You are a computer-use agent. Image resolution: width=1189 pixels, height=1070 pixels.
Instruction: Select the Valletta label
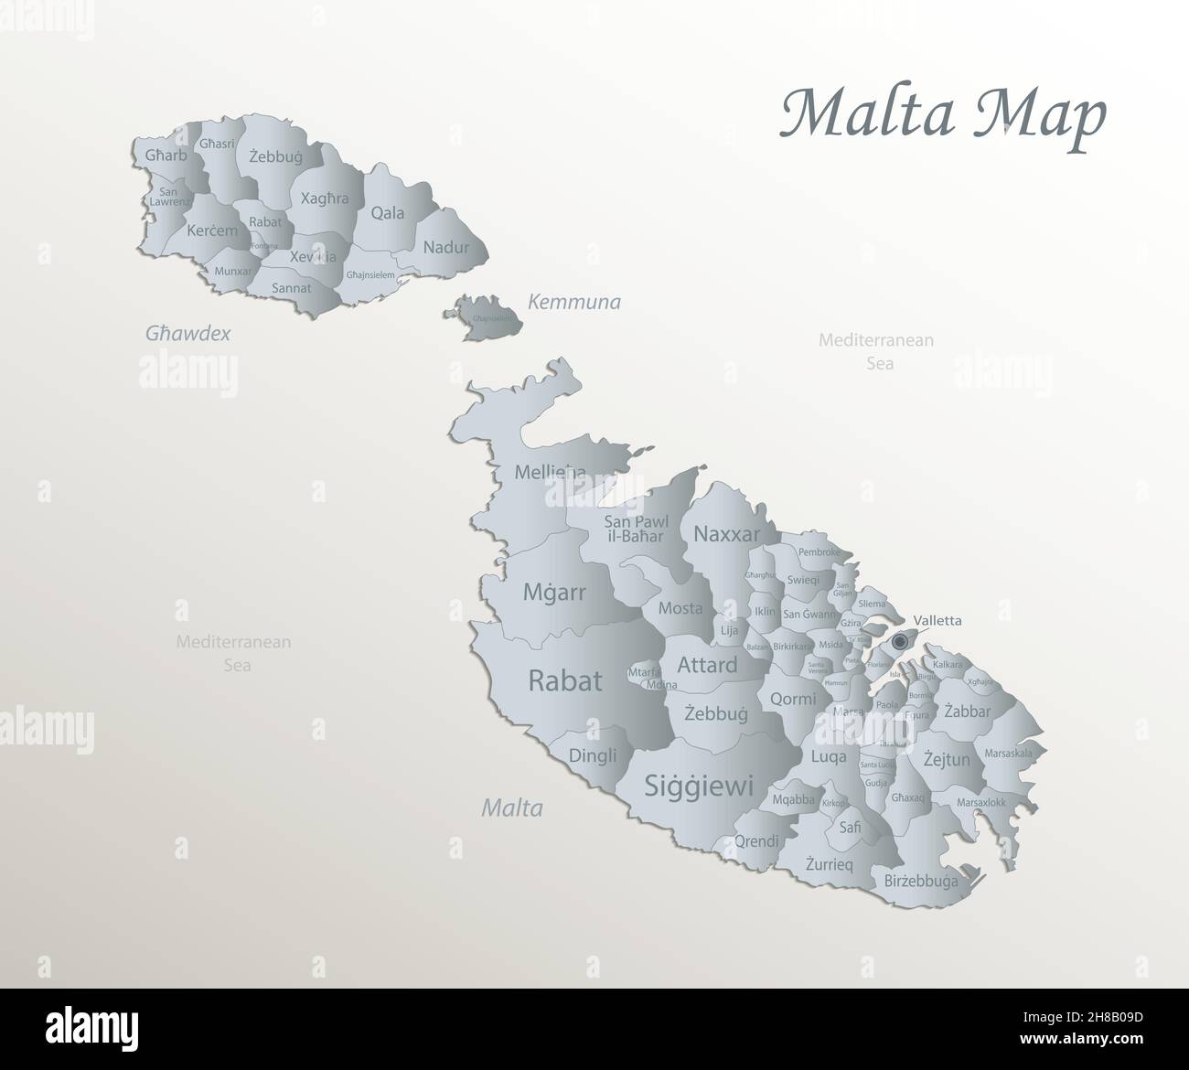coord(937,620)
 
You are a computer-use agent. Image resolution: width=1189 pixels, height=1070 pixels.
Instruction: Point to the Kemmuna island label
coord(573,302)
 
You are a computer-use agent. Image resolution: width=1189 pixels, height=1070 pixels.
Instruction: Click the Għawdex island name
coord(187,334)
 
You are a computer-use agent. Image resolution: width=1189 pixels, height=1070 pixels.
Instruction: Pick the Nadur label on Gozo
coord(445,247)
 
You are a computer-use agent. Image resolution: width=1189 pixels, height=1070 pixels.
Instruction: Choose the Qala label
coord(387,213)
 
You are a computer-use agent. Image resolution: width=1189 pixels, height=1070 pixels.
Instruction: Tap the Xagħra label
coord(325,198)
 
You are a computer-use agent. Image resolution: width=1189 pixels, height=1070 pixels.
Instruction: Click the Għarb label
coord(166,155)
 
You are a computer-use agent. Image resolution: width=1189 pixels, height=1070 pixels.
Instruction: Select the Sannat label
coord(292,288)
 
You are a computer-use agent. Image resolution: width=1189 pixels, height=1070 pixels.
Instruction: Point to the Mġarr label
coord(554,592)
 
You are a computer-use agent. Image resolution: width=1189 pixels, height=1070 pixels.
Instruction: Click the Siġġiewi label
coord(699,785)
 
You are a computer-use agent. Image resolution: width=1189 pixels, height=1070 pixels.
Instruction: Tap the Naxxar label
coord(727,534)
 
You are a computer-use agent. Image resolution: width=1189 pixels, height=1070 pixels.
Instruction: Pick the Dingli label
coord(593,755)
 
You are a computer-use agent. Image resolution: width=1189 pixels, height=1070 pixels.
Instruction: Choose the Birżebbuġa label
coord(921,882)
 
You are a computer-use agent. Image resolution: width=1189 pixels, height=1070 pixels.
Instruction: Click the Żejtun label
coord(946,758)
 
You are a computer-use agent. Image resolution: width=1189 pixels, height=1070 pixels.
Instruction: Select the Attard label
coord(707,665)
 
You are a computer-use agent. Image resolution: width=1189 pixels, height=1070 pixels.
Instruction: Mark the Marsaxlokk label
coord(980,802)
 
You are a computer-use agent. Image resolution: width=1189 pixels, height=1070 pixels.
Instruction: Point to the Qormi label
coord(793,699)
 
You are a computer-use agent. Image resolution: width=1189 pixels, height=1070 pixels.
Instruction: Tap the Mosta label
coord(680,608)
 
